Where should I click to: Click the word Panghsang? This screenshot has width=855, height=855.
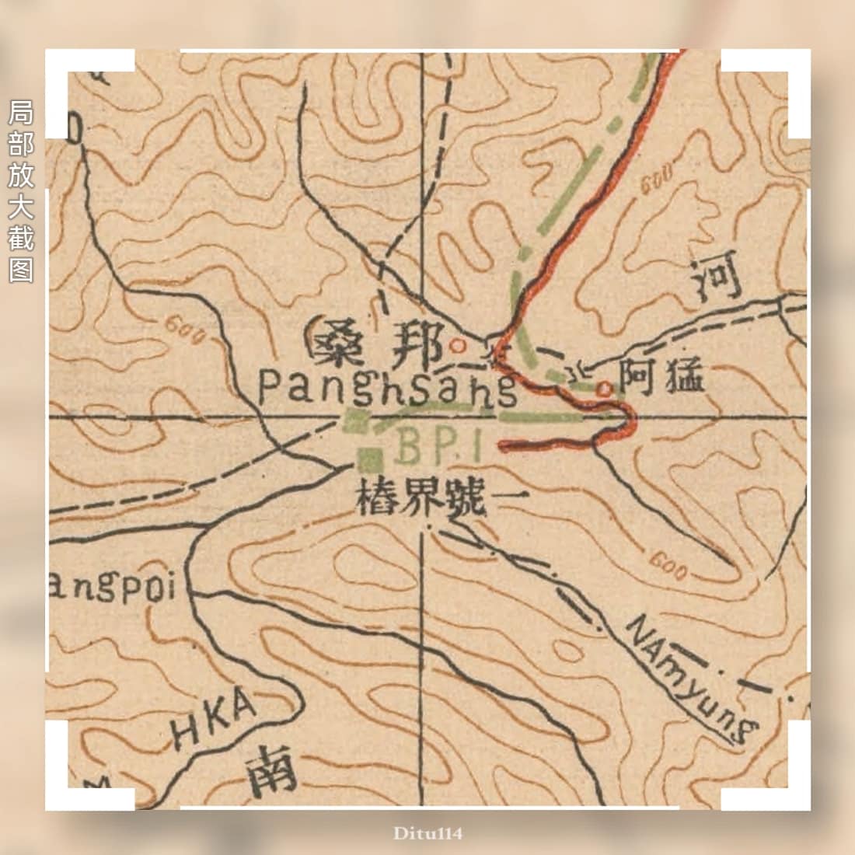click(387, 386)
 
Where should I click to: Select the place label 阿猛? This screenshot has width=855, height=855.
click(661, 379)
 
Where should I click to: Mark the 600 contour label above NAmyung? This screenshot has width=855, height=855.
click(668, 567)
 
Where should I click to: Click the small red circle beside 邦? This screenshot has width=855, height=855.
click(458, 344)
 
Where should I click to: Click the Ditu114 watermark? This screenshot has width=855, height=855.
click(427, 833)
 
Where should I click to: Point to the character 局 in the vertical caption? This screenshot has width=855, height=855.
click(21, 113)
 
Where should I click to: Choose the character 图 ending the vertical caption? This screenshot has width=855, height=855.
click(21, 269)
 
